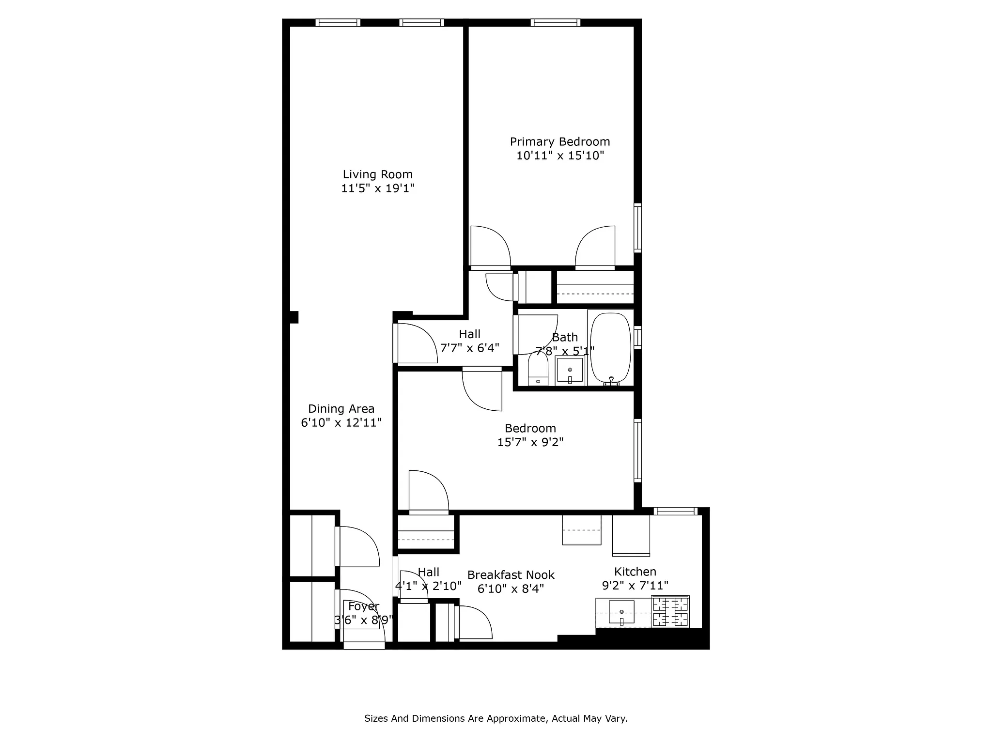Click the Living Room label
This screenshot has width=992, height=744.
377,174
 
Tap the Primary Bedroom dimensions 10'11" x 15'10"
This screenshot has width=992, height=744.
560,155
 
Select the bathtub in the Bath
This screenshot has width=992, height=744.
610,347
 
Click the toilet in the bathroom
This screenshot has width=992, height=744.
538,371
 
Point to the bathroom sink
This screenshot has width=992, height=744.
570,371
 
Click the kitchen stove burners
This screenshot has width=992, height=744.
671,612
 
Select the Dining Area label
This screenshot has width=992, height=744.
341,409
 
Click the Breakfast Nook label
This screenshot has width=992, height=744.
511,575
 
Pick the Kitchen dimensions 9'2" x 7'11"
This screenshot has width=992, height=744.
635,586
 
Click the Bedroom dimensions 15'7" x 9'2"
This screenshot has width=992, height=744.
530,442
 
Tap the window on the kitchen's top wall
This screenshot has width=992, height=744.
675,511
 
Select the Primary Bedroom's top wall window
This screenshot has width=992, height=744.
555,22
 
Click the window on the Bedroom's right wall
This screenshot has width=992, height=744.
638,450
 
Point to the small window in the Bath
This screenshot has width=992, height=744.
638,337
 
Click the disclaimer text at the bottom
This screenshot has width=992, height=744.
496,718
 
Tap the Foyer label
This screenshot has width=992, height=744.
363,606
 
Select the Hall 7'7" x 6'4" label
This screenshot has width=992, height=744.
469,334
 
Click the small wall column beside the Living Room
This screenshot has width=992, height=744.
294,317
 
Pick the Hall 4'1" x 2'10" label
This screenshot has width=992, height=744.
428,572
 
